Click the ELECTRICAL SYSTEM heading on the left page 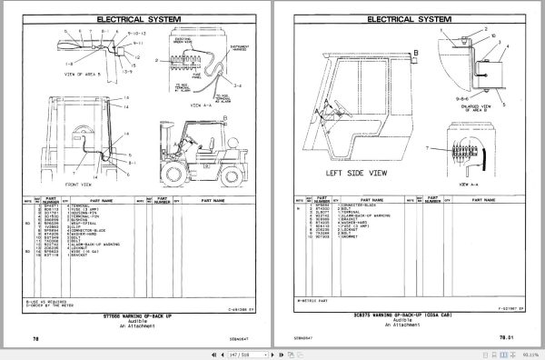pyautogui.click(x=136, y=15)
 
